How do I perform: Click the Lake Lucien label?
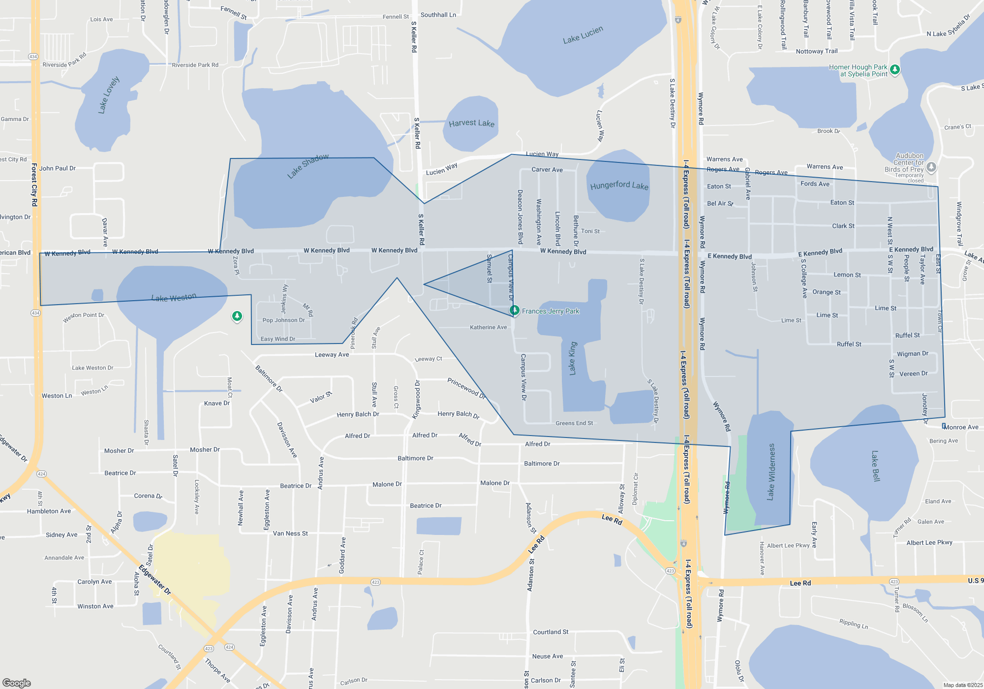click(583, 35)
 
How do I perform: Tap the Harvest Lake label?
click(471, 123)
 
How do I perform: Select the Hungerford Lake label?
click(619, 186)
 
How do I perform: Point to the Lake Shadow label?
click(308, 166)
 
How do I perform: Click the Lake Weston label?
click(174, 298)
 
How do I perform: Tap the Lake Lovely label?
click(109, 95)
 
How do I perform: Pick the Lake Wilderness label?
click(771, 472)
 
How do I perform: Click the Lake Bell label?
click(875, 466)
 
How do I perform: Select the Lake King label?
click(572, 358)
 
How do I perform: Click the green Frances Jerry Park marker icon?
click(514, 310)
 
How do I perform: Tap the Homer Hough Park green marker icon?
click(895, 69)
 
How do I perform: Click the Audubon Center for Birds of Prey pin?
click(931, 167)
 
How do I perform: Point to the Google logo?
click(17, 683)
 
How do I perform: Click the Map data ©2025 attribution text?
click(962, 685)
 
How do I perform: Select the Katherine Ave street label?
click(488, 327)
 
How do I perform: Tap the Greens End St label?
click(574, 423)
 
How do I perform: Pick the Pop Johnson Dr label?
click(283, 320)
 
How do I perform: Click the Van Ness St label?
click(290, 533)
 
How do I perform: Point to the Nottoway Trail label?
click(816, 51)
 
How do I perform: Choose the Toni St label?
click(590, 231)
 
